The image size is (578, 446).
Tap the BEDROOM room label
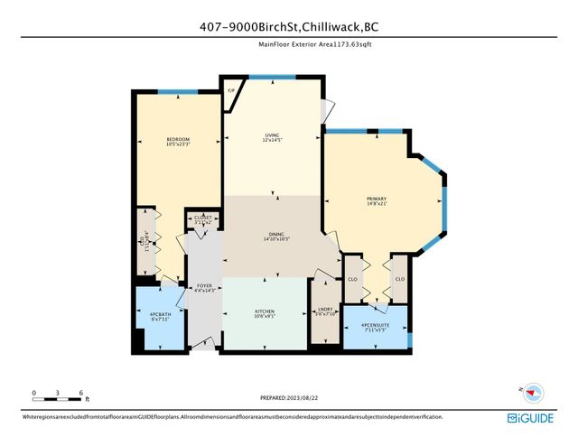tap(152, 138)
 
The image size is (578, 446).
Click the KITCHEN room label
tap(265, 312)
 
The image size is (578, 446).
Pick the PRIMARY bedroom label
tap(377, 198)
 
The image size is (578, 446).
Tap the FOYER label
tap(205, 286)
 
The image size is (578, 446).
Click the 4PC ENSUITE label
tap(376, 325)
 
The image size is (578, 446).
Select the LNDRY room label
tap(324, 310)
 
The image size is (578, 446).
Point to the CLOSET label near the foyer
tap(203, 218)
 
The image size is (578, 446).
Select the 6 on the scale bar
tap(81, 394)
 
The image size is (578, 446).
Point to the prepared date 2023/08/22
tap(289, 396)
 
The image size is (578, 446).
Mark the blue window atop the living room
tap(264, 79)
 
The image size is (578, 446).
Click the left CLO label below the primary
tap(353, 279)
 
